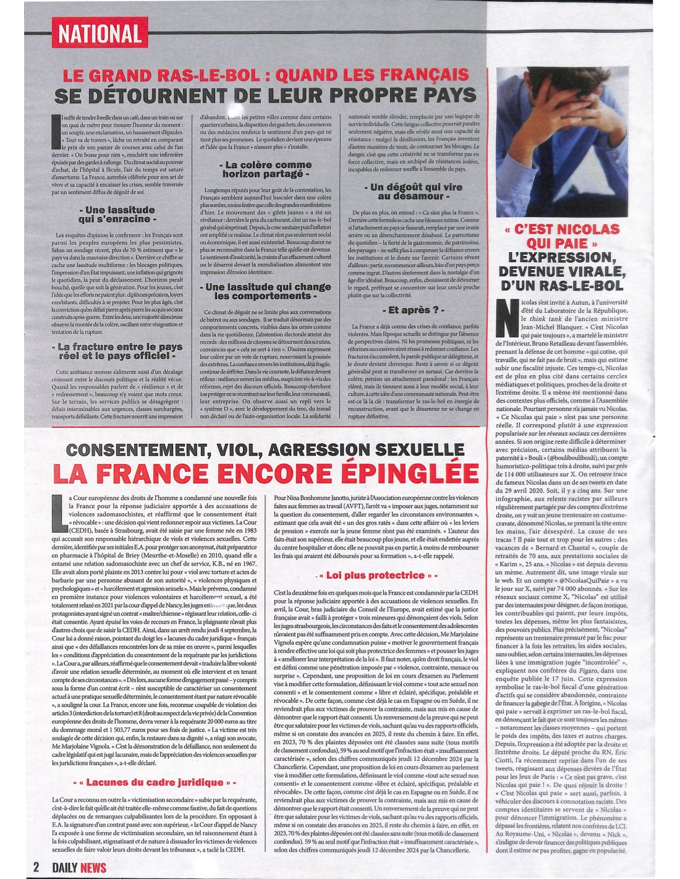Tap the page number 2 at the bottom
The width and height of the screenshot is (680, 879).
36,867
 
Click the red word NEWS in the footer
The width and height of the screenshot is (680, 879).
93,867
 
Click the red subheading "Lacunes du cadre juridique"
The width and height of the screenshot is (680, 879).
154,782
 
